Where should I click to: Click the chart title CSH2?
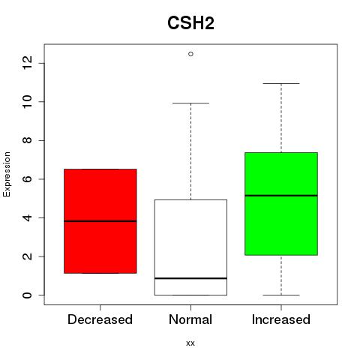click(x=190, y=23)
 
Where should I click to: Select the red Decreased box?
click(x=100, y=221)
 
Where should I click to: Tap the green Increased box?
click(x=281, y=204)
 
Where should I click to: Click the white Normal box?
click(x=190, y=247)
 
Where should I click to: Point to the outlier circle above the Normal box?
click(x=190, y=54)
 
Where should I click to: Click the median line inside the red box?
click(x=100, y=221)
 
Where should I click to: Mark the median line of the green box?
click(x=281, y=196)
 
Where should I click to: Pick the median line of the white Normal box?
click(x=190, y=278)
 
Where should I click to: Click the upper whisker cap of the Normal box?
click(x=190, y=103)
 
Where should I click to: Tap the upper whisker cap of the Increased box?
click(x=281, y=83)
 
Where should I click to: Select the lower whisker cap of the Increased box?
click(x=281, y=295)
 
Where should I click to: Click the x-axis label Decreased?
click(x=100, y=319)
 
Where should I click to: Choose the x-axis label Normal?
click(x=190, y=319)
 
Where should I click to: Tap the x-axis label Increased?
click(x=281, y=319)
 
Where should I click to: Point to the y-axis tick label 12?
click(x=27, y=63)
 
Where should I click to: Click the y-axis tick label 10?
click(x=27, y=102)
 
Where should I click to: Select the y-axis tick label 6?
click(x=27, y=179)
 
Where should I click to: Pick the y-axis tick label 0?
click(x=27, y=295)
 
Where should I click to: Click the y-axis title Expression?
click(x=7, y=174)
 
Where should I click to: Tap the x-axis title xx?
click(x=190, y=343)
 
